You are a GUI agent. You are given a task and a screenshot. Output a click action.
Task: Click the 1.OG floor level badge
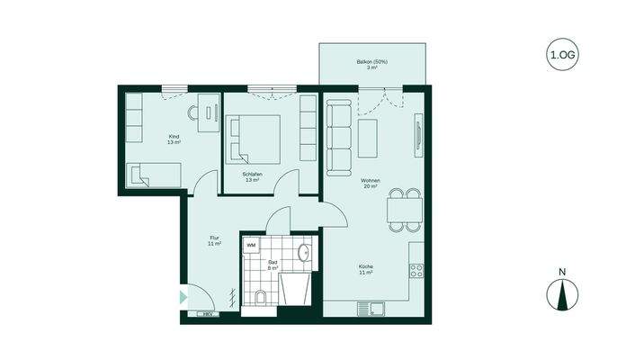click(561, 55)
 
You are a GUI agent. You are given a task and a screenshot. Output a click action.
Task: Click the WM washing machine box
click(252, 244)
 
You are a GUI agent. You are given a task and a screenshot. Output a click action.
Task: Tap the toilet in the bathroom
click(261, 297)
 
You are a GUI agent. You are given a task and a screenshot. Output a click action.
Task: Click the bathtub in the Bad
click(296, 292)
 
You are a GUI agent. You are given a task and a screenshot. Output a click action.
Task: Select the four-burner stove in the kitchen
click(417, 268)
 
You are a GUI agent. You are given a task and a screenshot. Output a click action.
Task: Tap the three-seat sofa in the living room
click(339, 138)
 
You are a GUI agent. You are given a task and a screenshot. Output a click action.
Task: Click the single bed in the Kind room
click(154, 175)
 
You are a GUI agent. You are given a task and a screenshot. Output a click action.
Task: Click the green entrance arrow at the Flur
click(183, 295)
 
